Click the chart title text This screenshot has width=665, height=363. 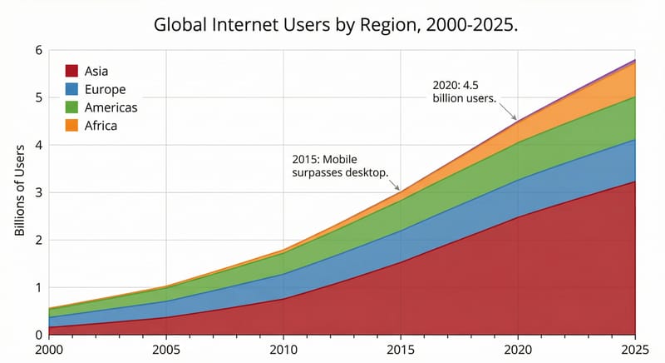(336, 24)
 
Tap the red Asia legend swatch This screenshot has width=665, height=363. (72, 71)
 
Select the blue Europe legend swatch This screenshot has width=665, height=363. (72, 89)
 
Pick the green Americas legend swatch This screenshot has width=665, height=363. (72, 107)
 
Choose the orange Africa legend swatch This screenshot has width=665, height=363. (72, 126)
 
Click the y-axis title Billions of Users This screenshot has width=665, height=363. (20, 192)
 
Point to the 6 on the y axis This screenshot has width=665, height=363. (37, 50)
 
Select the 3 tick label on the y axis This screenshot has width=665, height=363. (37, 192)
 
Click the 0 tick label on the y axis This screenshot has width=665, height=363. (37, 335)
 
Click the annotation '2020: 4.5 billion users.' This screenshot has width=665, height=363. (465, 92)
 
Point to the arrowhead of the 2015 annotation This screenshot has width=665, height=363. (399, 189)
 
